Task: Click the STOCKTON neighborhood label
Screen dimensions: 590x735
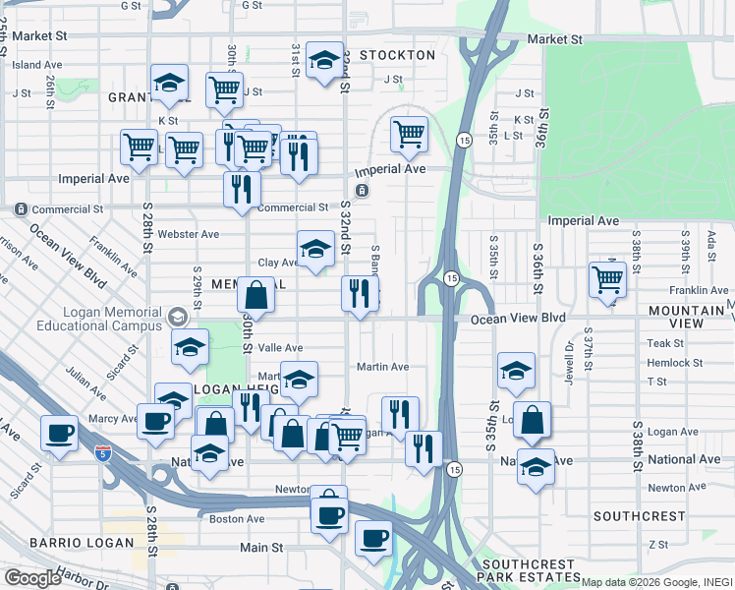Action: click(397, 55)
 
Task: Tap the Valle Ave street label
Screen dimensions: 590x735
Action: click(280, 348)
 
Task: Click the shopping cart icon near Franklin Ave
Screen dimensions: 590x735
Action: click(608, 279)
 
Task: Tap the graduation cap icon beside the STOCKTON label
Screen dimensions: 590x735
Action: click(324, 61)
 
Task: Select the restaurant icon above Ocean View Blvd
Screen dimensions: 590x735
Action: click(360, 293)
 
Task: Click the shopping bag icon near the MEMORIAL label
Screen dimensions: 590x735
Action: click(255, 294)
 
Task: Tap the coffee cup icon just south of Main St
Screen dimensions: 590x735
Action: click(373, 538)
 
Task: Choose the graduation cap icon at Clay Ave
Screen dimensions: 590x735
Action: click(315, 249)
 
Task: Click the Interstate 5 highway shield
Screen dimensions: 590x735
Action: click(103, 452)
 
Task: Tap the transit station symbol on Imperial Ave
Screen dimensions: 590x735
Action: click(363, 190)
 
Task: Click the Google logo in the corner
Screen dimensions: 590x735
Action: click(32, 578)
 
